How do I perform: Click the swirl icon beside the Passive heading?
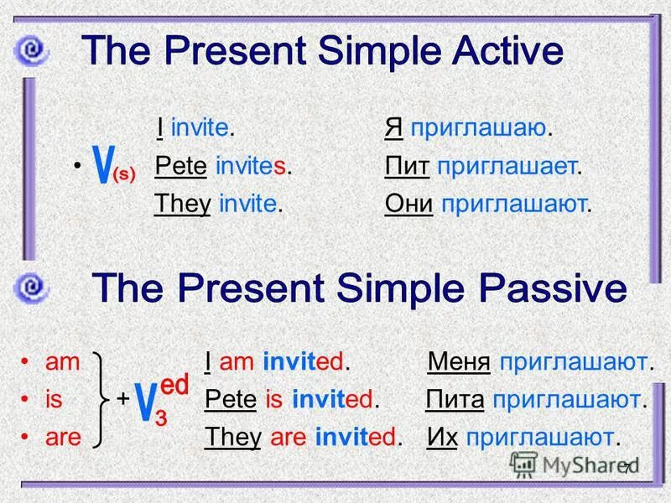(x=31, y=289)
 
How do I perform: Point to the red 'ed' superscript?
(x=173, y=385)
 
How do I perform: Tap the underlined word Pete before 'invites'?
(x=181, y=166)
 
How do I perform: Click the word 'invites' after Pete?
(x=252, y=166)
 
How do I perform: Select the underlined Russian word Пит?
(x=407, y=166)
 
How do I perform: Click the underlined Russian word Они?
(x=408, y=203)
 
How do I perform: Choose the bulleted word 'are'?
(x=63, y=437)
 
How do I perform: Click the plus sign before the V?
(x=123, y=399)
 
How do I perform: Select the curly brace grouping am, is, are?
(x=105, y=399)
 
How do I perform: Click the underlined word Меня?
(x=459, y=362)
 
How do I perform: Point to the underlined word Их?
(x=442, y=437)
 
